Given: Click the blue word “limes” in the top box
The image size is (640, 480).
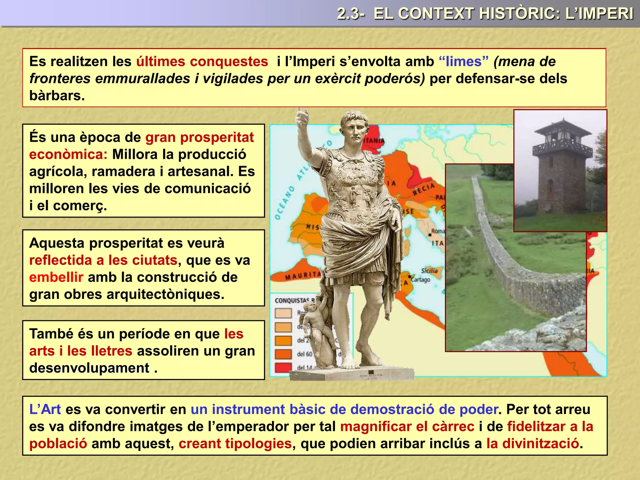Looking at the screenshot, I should click(463, 62).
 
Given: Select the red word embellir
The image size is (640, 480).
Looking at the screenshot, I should click(56, 277).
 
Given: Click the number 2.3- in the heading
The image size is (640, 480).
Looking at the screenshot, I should click(351, 14).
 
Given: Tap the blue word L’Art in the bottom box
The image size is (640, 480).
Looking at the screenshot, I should click(45, 409).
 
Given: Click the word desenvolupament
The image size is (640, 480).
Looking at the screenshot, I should click(89, 368).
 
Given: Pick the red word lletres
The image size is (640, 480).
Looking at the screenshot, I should click(111, 351).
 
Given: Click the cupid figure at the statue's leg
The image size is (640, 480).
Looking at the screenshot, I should click(314, 322).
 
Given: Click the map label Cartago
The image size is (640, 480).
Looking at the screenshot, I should click(420, 279).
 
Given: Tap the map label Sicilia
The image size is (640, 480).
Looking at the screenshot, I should click(429, 271).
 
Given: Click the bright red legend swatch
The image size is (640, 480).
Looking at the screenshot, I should click(283, 367).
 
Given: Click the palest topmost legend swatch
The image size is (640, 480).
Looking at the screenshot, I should click(283, 313).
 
